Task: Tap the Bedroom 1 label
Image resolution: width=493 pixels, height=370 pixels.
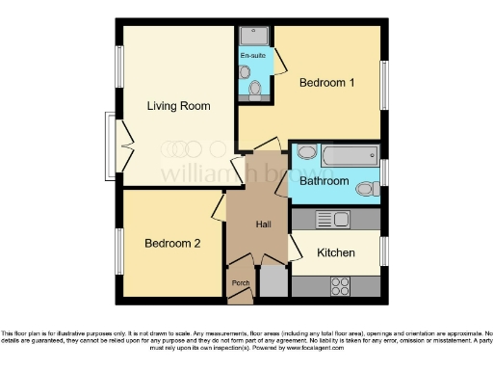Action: [x=326, y=83]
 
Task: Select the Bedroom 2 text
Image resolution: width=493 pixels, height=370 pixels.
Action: [x=172, y=244]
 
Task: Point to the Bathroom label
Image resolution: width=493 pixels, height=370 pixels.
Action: [x=324, y=180]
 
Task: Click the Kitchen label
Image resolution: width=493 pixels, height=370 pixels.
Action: [x=336, y=252]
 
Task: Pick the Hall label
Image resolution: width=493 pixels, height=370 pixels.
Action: [x=264, y=225]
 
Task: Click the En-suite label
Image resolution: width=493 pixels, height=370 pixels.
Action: [x=252, y=56]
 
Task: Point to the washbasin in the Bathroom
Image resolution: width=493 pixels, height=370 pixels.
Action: [x=305, y=152]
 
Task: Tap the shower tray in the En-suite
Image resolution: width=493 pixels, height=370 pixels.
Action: [x=255, y=36]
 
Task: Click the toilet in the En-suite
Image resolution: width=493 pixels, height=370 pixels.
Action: [x=255, y=90]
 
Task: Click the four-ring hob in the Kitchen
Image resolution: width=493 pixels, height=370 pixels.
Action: [x=340, y=285]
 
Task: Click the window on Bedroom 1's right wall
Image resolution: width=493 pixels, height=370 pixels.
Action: [x=383, y=88]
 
